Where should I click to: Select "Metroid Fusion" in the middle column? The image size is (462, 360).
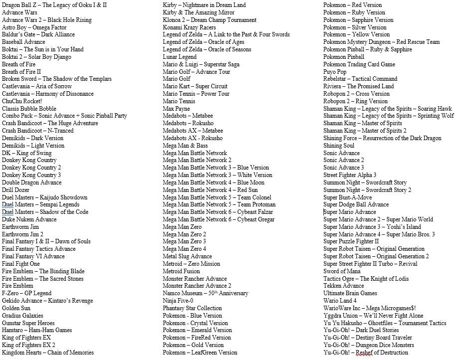click(181, 271)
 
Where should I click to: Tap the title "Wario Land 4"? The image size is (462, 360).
click(340, 301)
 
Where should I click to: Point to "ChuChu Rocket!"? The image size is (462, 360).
click(22, 101)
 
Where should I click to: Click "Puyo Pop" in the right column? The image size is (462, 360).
click(334, 72)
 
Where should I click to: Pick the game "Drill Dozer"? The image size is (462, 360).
click(15, 190)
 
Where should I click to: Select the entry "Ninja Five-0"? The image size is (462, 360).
click(178, 301)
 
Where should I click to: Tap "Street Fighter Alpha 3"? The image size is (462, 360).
click(349, 175)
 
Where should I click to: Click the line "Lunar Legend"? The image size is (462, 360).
click(179, 57)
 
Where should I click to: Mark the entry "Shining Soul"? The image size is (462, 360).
click(338, 146)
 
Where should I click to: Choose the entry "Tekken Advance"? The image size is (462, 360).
click(343, 286)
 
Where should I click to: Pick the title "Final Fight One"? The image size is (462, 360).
click(21, 264)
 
